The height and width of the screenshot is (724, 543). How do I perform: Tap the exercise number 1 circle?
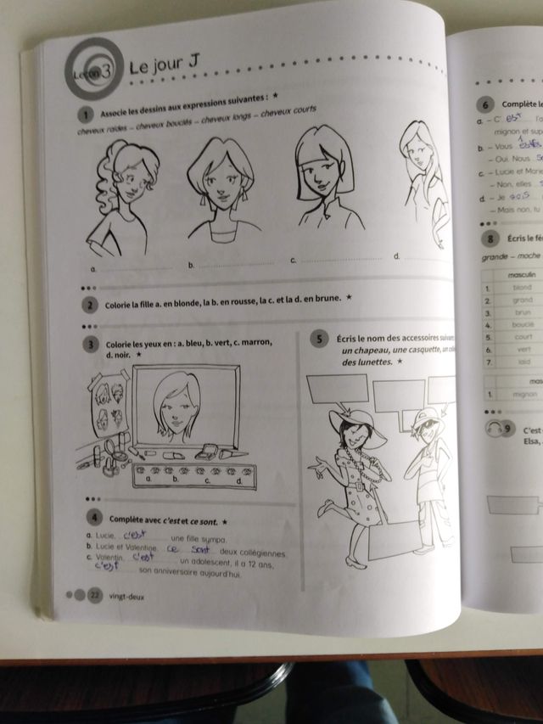[x=85, y=115]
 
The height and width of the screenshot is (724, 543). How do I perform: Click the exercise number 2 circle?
[x=89, y=306]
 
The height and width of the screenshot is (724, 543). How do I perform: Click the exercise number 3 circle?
[x=90, y=345]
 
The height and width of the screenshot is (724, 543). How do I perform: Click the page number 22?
[x=95, y=594]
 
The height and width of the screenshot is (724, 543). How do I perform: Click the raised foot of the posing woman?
[x=326, y=509]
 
